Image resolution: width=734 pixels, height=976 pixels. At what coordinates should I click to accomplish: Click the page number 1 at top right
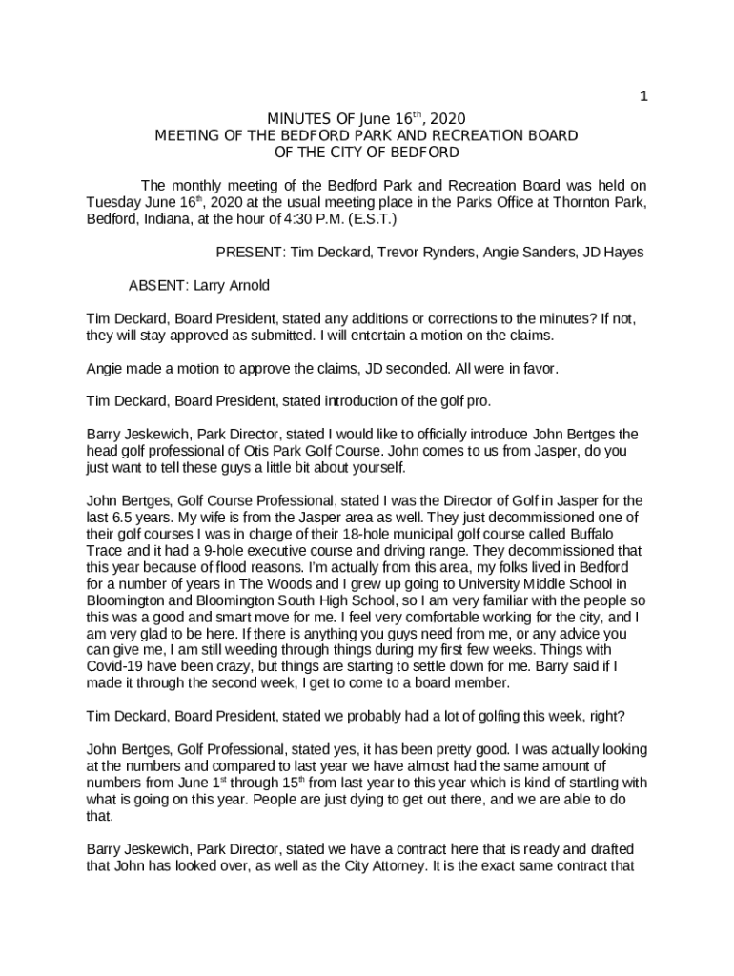coord(644,96)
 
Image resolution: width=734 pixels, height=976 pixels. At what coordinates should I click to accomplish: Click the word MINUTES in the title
coord(298,119)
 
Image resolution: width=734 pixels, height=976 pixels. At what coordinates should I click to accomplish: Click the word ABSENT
coord(157,285)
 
